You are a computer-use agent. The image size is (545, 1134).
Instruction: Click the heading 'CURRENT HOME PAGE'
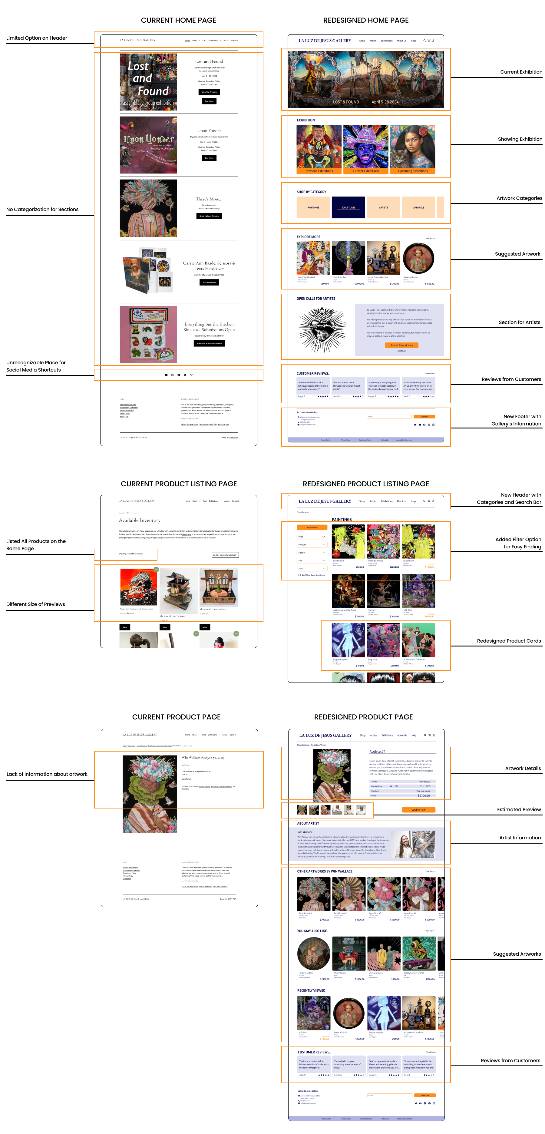click(178, 20)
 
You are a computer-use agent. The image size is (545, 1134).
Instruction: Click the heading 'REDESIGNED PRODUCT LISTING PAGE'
click(365, 484)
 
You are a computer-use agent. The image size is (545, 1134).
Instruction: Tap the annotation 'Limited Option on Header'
click(37, 38)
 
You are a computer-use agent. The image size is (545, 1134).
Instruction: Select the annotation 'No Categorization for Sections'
click(42, 210)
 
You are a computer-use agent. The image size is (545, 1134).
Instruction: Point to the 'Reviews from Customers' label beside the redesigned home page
click(511, 379)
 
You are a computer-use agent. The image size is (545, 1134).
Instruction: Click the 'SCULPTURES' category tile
click(348, 207)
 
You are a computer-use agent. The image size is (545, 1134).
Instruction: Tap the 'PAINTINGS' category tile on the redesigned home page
click(313, 207)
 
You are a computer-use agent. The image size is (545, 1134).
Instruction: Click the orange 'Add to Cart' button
click(418, 810)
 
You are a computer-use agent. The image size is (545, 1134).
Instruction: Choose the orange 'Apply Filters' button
click(312, 527)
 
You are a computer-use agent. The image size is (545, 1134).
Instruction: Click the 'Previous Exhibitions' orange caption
click(319, 171)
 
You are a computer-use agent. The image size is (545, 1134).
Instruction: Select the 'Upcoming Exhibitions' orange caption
click(412, 171)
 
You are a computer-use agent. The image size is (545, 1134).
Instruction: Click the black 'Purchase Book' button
click(209, 282)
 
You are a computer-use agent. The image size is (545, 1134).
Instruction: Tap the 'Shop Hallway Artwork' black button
click(209, 216)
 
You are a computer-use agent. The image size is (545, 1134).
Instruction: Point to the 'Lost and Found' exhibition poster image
click(148, 82)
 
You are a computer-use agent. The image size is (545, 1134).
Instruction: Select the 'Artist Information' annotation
click(520, 838)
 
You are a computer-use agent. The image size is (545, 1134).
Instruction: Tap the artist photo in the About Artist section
click(412, 844)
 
